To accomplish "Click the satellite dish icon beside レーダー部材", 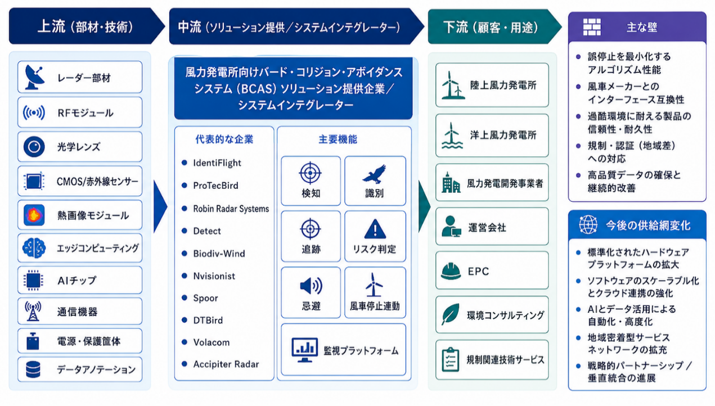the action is pyautogui.click(x=34, y=77).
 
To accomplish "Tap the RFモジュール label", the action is pyautogui.click(x=85, y=113).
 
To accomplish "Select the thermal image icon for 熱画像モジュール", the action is pyautogui.click(x=34, y=215).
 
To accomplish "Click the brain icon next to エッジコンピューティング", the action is pyautogui.click(x=34, y=248).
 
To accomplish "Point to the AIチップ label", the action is pyautogui.click(x=77, y=281).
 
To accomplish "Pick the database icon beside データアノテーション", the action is pyautogui.click(x=33, y=369).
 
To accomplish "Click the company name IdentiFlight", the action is pyautogui.click(x=217, y=163).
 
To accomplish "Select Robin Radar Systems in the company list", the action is pyautogui.click(x=231, y=209).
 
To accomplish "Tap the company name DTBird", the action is pyautogui.click(x=208, y=320).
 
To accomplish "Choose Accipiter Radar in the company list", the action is pyautogui.click(x=226, y=364).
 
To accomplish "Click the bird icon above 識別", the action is pyautogui.click(x=374, y=174).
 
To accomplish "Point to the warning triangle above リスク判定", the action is pyautogui.click(x=375, y=229).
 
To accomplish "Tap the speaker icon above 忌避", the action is pyautogui.click(x=311, y=286).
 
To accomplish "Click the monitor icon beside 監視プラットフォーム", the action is pyautogui.click(x=304, y=350).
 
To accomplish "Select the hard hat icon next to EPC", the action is pyautogui.click(x=451, y=271).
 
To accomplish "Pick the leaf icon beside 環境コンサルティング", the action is pyautogui.click(x=451, y=314).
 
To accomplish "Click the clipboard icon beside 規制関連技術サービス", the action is pyautogui.click(x=451, y=360).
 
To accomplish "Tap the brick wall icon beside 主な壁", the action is pyautogui.click(x=592, y=27).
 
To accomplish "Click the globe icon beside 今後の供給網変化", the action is pyautogui.click(x=588, y=225).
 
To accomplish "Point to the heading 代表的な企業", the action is pyautogui.click(x=224, y=139).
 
